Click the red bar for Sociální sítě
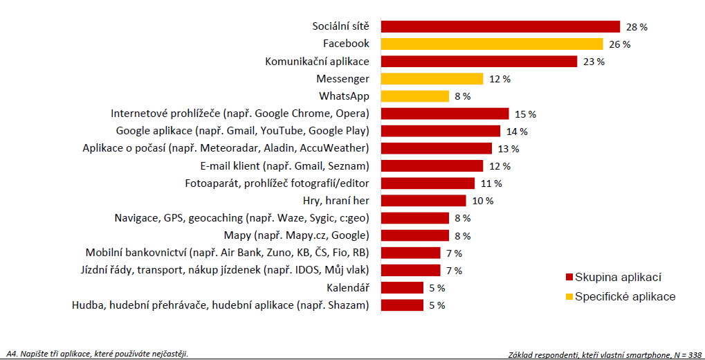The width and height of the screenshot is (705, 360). (500, 26)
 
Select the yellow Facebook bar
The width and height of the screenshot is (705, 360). (492, 44)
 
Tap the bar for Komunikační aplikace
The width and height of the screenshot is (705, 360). (479, 62)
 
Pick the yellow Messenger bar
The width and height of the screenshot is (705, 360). (432, 79)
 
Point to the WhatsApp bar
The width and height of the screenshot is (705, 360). (415, 96)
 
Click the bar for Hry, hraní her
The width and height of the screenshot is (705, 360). (423, 201)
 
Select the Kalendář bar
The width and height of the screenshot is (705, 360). (402, 287)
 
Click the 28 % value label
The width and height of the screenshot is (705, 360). (637, 27)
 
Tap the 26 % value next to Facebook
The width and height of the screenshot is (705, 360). (619, 44)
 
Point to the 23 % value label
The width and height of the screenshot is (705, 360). (594, 62)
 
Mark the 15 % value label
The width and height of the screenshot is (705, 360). (526, 114)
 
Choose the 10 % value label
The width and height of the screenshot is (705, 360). (483, 201)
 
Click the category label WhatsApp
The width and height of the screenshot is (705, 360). (344, 96)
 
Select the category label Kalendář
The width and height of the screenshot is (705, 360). (347, 287)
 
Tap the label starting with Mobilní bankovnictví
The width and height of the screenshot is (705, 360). (227, 253)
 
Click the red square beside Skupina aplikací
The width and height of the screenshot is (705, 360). (569, 278)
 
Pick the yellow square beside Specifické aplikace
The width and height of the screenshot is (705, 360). (569, 297)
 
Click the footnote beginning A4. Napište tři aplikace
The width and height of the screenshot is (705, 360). (97, 354)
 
